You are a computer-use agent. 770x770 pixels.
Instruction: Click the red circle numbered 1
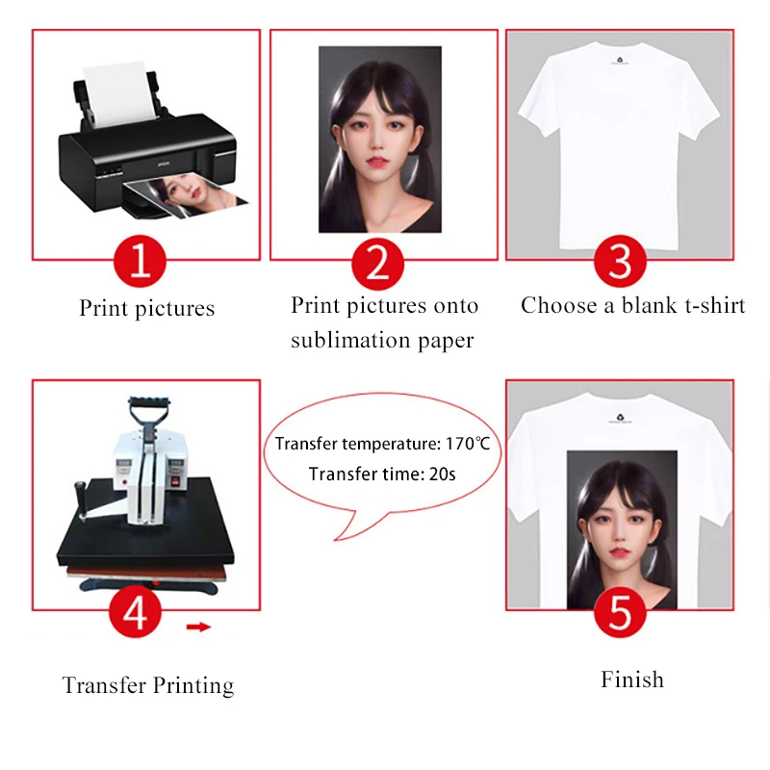pos(141,261)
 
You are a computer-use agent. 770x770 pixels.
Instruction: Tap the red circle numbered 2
pos(378,261)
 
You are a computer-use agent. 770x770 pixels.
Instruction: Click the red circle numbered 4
pos(136,612)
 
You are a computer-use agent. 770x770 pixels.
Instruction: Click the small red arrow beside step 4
pos(198,628)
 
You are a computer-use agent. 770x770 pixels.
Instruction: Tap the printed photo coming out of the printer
pos(197,196)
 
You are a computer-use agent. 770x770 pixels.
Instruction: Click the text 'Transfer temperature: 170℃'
pos(382,444)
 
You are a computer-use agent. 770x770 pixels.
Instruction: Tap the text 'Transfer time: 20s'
pos(382,474)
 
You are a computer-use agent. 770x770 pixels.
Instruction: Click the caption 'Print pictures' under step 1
pos(146,308)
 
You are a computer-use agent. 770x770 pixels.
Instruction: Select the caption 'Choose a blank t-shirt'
pos(632,305)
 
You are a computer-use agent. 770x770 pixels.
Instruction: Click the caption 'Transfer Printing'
pos(147,685)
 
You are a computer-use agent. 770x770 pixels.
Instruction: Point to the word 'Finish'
pos(632,680)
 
